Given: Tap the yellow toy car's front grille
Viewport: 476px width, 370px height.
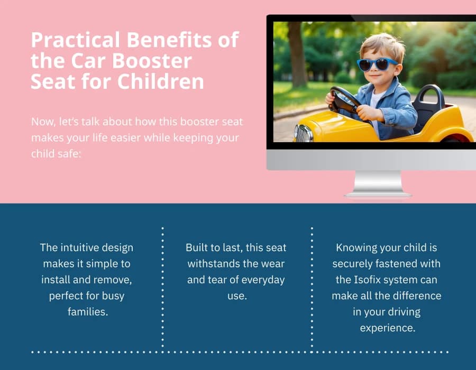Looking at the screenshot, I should [304, 133].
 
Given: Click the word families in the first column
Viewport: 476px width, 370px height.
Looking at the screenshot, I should [87, 312].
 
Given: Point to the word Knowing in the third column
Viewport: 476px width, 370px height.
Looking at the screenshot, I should [356, 247].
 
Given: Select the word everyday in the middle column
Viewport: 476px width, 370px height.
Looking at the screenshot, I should [263, 280].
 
